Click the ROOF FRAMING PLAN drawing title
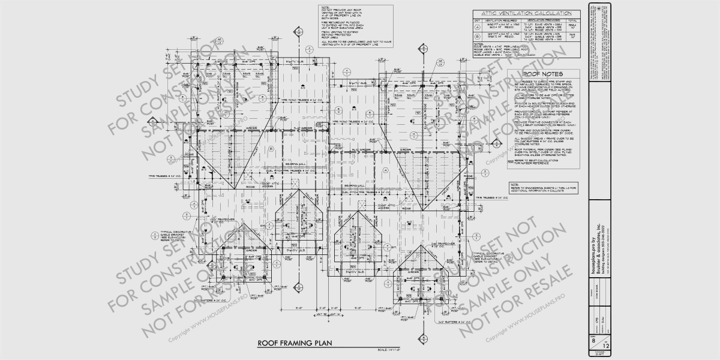(x=295, y=344)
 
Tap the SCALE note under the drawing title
(x=389, y=350)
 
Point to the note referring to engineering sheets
(x=543, y=188)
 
